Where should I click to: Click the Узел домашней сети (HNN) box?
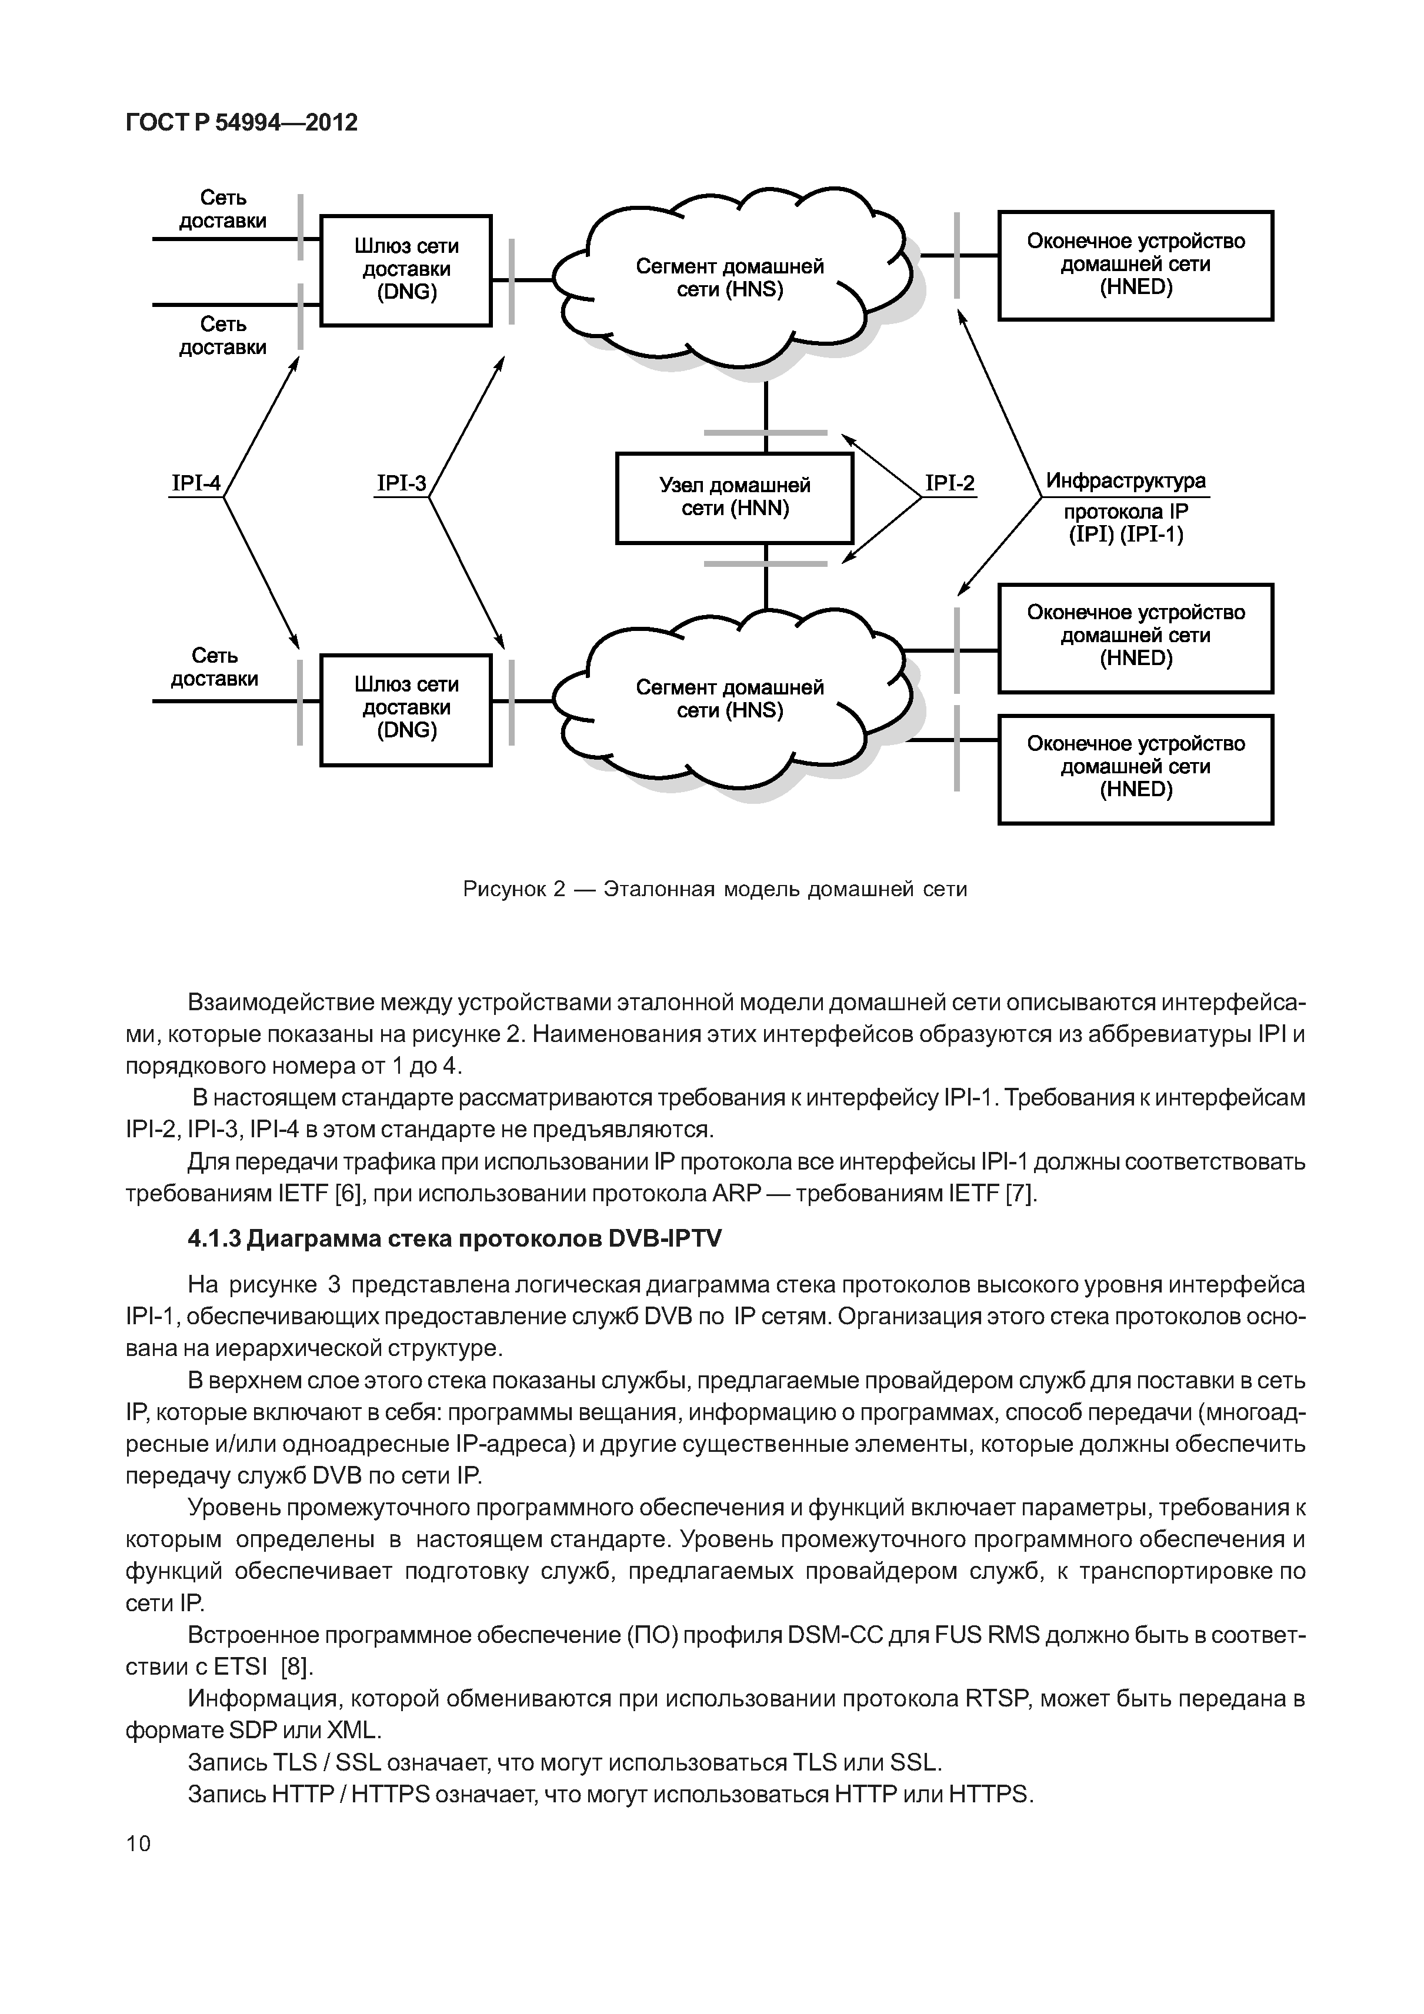click(x=735, y=498)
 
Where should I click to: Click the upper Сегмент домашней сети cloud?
click(x=730, y=278)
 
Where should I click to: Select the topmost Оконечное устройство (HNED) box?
click(x=1135, y=265)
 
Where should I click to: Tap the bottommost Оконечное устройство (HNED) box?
click(x=1135, y=769)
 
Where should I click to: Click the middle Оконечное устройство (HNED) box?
click(x=1135, y=637)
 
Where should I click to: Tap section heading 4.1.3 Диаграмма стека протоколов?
click(x=455, y=1238)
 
